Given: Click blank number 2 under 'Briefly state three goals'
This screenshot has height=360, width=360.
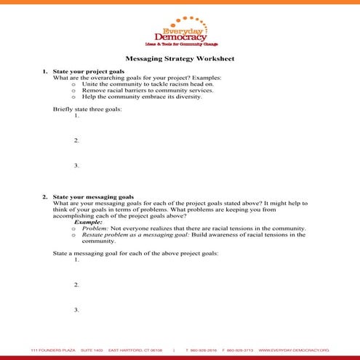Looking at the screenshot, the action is (76, 140).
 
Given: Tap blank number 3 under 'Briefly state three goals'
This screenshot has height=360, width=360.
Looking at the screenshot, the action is (76, 166).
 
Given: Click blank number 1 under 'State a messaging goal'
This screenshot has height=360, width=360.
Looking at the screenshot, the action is (76, 260).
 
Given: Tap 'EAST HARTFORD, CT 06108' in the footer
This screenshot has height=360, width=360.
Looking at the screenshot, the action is (136, 351).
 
